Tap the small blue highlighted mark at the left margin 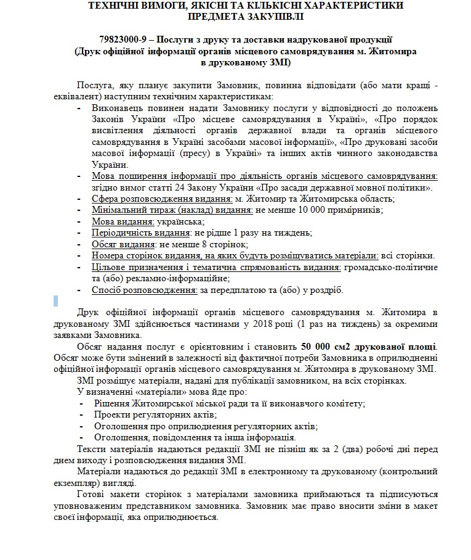[x=55, y=301]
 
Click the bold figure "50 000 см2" [x=329, y=347]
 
